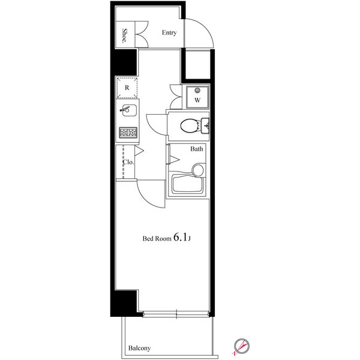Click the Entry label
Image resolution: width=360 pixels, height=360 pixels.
tap(169, 33)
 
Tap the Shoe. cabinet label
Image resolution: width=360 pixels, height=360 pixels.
tap(125, 36)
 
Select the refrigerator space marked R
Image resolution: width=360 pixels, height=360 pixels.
tap(127, 88)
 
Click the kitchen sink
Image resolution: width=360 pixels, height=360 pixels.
tap(128, 110)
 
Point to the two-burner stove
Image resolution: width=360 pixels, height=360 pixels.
tap(128, 133)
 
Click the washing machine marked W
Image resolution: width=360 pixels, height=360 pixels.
tap(197, 97)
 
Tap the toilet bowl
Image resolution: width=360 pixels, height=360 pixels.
tap(190, 126)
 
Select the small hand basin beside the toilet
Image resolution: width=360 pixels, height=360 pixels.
tap(205, 125)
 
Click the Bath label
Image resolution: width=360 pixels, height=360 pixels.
tap(197, 149)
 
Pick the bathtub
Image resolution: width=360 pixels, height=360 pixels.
tap(188, 184)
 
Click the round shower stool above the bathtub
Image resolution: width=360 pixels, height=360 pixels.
tap(197, 170)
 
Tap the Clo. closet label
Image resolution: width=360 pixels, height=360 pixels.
tap(128, 162)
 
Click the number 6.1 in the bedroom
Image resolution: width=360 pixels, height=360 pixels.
tap(181, 237)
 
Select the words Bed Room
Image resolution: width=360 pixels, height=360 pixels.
tap(157, 239)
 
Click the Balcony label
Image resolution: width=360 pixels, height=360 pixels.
tap(139, 348)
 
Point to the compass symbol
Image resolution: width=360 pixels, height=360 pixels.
tap(242, 346)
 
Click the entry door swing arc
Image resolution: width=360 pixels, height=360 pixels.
tap(205, 28)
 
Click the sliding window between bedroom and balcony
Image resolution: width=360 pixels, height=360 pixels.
tap(176, 314)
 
